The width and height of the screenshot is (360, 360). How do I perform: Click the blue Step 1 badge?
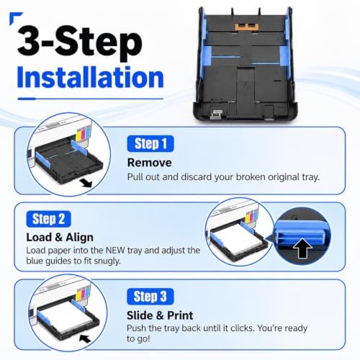(150, 144)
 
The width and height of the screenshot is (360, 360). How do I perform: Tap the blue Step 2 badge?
(48, 219)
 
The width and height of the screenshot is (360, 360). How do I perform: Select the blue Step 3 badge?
(150, 297)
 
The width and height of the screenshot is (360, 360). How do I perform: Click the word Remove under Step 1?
(150, 163)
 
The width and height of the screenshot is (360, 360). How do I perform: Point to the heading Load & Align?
(60, 238)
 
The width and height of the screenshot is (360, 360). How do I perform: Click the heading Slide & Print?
(160, 315)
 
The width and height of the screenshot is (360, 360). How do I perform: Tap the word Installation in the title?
(90, 77)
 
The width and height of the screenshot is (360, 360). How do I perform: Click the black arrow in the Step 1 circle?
(86, 183)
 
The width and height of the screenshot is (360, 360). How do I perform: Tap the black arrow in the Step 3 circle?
(85, 339)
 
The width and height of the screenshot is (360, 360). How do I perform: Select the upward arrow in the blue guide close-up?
(302, 248)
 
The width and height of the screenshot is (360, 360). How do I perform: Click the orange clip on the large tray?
(246, 27)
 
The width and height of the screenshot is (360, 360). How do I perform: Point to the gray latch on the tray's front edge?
(217, 114)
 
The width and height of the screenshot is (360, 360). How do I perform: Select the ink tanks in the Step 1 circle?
(84, 134)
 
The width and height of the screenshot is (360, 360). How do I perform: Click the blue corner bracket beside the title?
(15, 17)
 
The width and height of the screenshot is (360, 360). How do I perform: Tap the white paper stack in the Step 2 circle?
(240, 240)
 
